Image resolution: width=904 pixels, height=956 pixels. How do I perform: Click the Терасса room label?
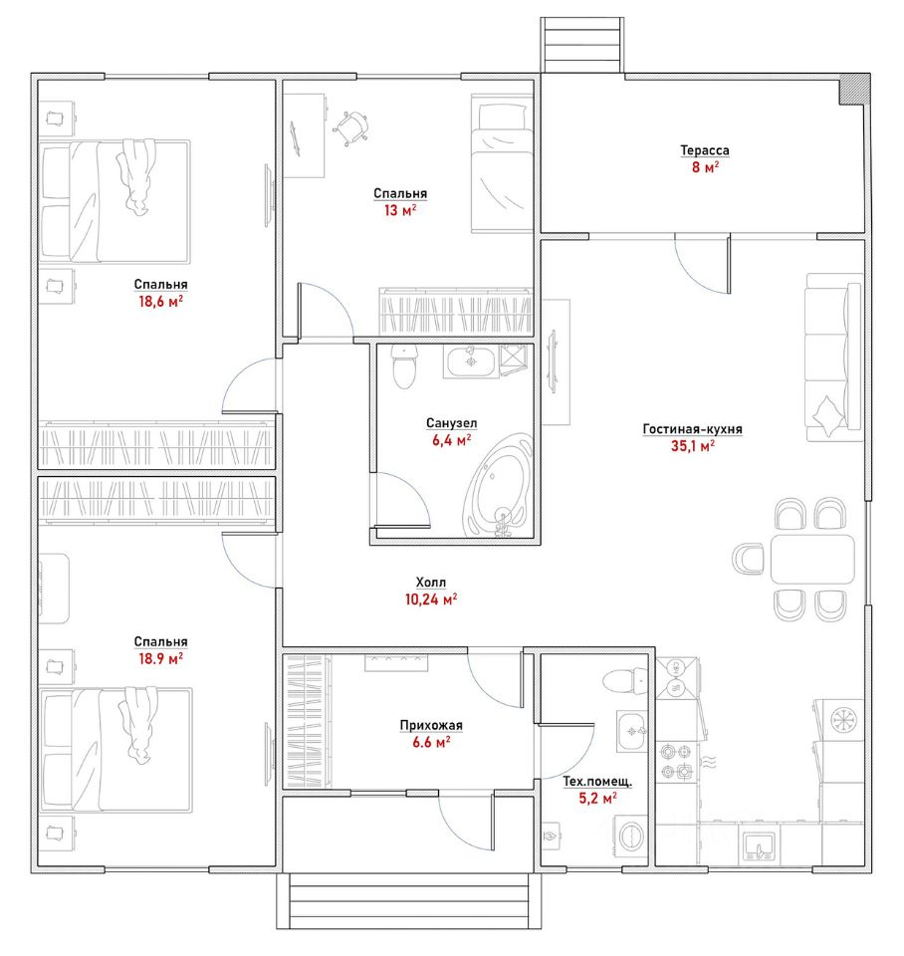point(705,150)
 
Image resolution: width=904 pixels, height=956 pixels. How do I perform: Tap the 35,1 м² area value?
point(693,446)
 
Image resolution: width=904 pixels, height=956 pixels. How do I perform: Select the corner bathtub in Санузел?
point(498,486)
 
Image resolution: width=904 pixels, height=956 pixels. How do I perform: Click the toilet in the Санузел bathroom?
point(403,365)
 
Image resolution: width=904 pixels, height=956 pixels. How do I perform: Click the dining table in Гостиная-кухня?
point(812,559)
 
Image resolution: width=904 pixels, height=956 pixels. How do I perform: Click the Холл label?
point(431,583)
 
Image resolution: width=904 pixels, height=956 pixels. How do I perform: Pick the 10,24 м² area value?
point(431,599)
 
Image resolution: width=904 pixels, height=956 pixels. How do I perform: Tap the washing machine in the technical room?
point(630,836)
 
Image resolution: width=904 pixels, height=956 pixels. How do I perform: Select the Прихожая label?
point(431,725)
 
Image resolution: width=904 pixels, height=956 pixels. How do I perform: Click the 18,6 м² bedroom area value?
point(161,301)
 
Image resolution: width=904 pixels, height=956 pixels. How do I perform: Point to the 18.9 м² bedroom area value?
point(161,658)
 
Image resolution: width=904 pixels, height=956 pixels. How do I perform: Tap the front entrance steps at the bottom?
point(409,900)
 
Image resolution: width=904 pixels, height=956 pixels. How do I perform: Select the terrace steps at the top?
point(582,45)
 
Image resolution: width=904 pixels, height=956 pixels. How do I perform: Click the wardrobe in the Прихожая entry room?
point(308,721)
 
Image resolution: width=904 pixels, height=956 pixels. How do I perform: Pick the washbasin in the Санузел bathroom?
point(471,361)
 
